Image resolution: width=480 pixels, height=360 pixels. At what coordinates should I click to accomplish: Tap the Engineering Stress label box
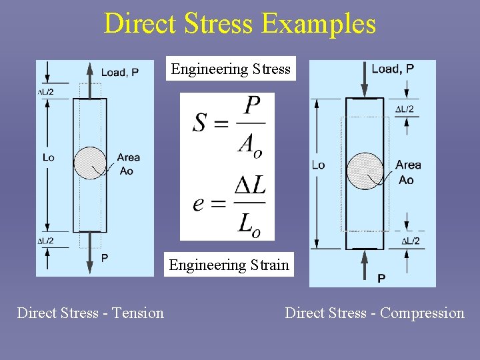pos(231,69)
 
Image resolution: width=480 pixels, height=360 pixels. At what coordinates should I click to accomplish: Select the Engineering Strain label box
pos(229,265)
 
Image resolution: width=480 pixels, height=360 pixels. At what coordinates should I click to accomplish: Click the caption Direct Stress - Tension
pos(90,313)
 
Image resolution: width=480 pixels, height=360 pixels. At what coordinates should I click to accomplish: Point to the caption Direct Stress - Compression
pos(375,313)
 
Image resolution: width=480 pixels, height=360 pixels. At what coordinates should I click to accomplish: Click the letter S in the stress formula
pos(200,123)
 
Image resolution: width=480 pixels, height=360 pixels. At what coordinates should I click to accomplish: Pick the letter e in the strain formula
pos(199,203)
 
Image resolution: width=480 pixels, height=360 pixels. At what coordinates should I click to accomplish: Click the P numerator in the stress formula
pos(252,105)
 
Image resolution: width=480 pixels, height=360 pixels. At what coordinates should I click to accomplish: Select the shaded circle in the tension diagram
pos(90,163)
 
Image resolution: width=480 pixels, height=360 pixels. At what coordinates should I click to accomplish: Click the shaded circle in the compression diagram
pos(365,171)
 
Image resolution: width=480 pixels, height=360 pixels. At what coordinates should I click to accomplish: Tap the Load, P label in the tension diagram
pos(120,72)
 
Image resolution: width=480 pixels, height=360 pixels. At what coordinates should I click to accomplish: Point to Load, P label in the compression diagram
pos(393,69)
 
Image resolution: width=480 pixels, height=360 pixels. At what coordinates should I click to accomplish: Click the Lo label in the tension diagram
pos(48,157)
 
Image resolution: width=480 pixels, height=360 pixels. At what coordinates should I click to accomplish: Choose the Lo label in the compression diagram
pos(319,165)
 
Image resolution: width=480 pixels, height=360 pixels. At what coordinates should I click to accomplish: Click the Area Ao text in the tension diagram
pos(128,164)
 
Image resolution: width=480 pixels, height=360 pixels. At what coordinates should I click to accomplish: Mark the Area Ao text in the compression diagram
pos(407,172)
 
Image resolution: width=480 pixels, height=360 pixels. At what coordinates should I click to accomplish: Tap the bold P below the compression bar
pos(381,278)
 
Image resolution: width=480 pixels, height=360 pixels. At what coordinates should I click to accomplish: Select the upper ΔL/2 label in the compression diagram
pos(405,109)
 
